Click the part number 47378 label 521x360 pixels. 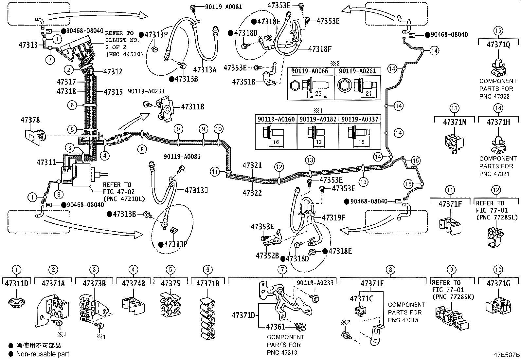click(30, 120)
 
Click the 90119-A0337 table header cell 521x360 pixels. click(360, 119)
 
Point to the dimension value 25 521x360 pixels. click(318, 94)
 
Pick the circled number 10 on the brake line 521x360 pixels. click(219, 129)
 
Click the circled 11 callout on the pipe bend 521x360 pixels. click(214, 171)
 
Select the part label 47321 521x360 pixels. click(252, 165)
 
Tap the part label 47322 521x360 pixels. click(252, 193)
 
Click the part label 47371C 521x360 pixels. click(361, 298)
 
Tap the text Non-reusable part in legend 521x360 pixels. click(43, 354)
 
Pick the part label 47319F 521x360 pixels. click(333, 218)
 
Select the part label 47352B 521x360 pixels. click(267, 256)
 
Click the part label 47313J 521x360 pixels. click(196, 190)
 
